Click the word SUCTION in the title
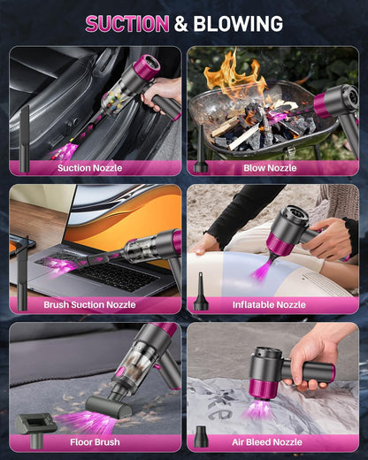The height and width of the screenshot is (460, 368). pyautogui.click(x=126, y=24)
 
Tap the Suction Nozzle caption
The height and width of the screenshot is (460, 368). pyautogui.click(x=89, y=167)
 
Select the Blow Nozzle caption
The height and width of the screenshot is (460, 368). pyautogui.click(x=270, y=167)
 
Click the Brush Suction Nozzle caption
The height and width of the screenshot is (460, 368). pyautogui.click(x=89, y=304)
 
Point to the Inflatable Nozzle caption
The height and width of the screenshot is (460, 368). pyautogui.click(x=270, y=304)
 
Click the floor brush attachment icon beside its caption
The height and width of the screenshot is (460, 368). pyautogui.click(x=35, y=423)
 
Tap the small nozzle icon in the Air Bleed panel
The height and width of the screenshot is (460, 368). pyautogui.click(x=201, y=436)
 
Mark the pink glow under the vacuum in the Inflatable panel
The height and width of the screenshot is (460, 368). pyautogui.click(x=261, y=270)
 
